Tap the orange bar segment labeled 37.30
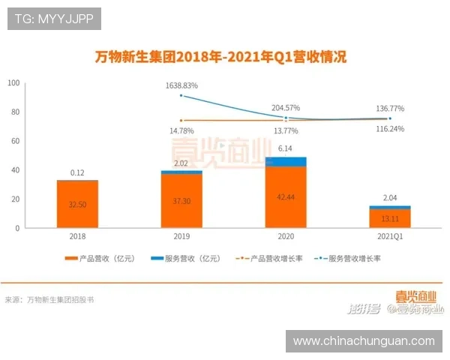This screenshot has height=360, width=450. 181,201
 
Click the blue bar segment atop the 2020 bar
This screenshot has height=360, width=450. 286,161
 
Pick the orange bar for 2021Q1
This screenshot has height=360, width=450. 389,218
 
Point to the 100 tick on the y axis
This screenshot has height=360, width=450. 13,82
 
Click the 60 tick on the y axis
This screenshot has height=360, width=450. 15,141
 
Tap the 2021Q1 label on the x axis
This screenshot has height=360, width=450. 389,235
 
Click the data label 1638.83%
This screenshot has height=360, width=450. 182,85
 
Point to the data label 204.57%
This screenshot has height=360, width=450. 286,107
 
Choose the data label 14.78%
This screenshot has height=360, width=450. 182,130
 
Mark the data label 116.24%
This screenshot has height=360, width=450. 389,129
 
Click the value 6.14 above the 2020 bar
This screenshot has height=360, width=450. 286,148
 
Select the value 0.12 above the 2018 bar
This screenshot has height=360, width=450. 77,172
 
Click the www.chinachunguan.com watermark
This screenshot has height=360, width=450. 363,340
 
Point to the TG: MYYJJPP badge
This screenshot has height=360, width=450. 54,18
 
